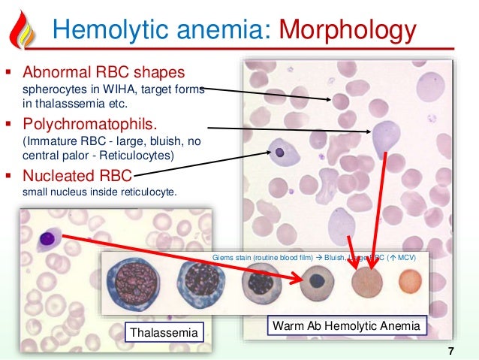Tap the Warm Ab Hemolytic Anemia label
[x=348, y=326]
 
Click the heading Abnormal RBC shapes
[x=104, y=74]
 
